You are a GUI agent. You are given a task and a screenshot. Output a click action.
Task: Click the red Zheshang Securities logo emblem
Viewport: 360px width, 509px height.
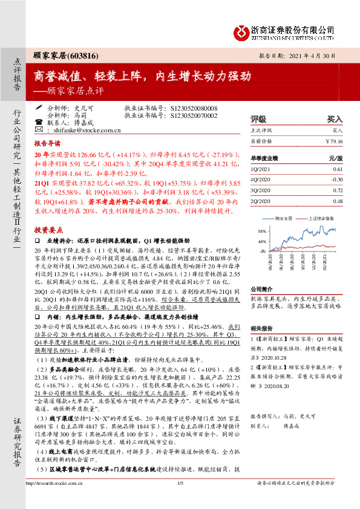point(241,30)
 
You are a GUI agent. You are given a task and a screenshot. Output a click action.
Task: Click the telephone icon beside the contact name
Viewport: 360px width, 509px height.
point(39,122)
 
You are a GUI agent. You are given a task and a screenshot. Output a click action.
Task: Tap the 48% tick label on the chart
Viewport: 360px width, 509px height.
point(261,241)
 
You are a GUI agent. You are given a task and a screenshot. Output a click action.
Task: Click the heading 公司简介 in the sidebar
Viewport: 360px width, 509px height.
point(263,290)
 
